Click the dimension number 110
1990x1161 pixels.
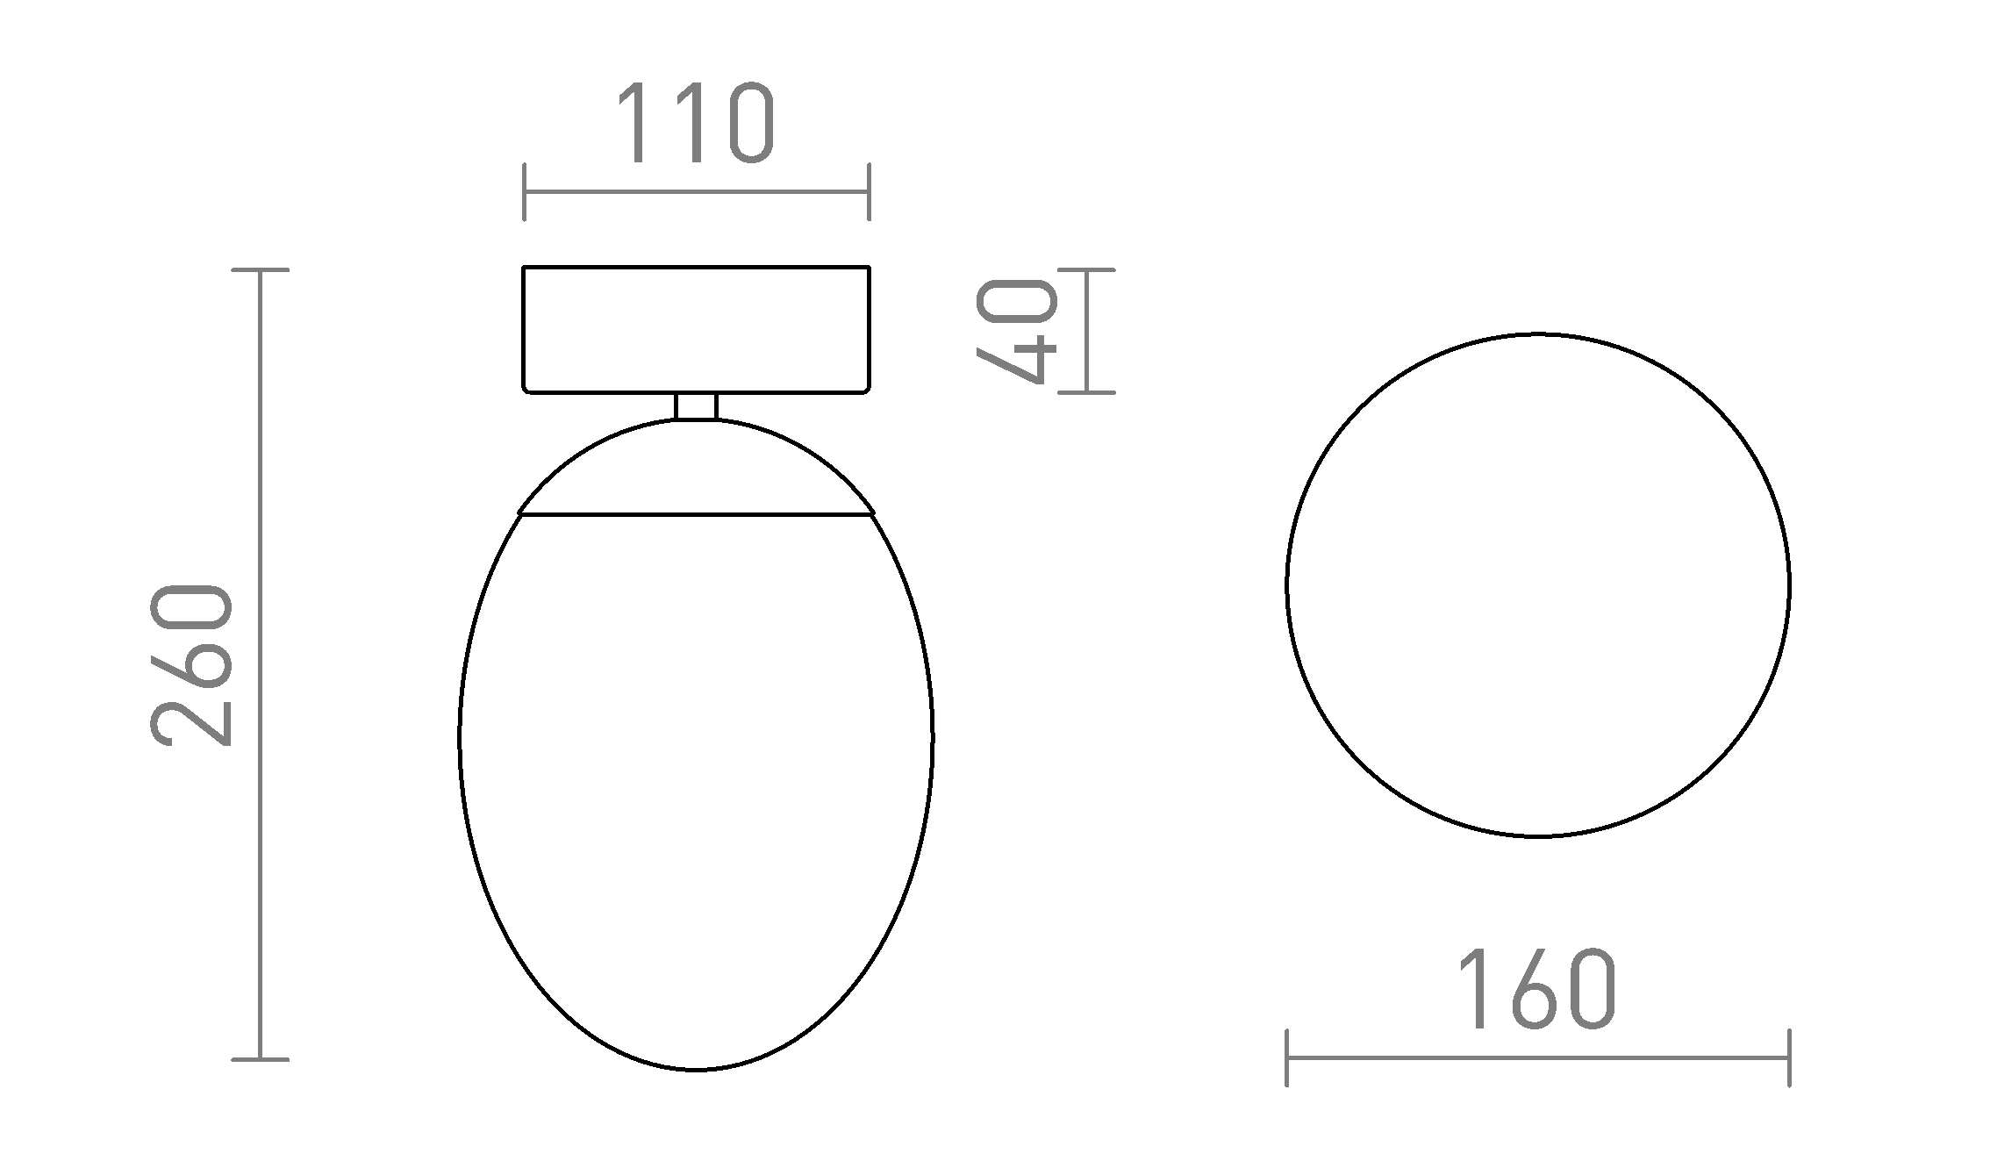(x=695, y=124)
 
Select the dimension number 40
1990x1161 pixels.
(x=1017, y=331)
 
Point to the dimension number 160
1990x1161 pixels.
(x=1536, y=989)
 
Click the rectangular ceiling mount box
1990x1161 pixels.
(x=696, y=329)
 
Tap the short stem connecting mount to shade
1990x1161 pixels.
(x=696, y=406)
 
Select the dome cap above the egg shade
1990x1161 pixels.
(x=696, y=469)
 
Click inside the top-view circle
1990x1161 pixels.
(x=1537, y=585)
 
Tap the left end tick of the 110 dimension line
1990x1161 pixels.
(x=524, y=191)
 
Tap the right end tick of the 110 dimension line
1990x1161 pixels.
(x=869, y=191)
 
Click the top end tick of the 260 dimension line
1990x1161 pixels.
(x=260, y=270)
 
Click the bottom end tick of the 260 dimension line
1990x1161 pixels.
(x=260, y=1059)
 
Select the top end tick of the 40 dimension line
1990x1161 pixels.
(x=1086, y=270)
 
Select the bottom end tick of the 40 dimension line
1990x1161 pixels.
(x=1086, y=392)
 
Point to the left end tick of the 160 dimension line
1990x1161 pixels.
(x=1286, y=1057)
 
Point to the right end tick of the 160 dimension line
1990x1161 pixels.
(x=1789, y=1057)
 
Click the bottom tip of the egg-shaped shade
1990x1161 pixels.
(x=696, y=1069)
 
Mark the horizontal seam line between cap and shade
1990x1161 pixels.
(x=696, y=514)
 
